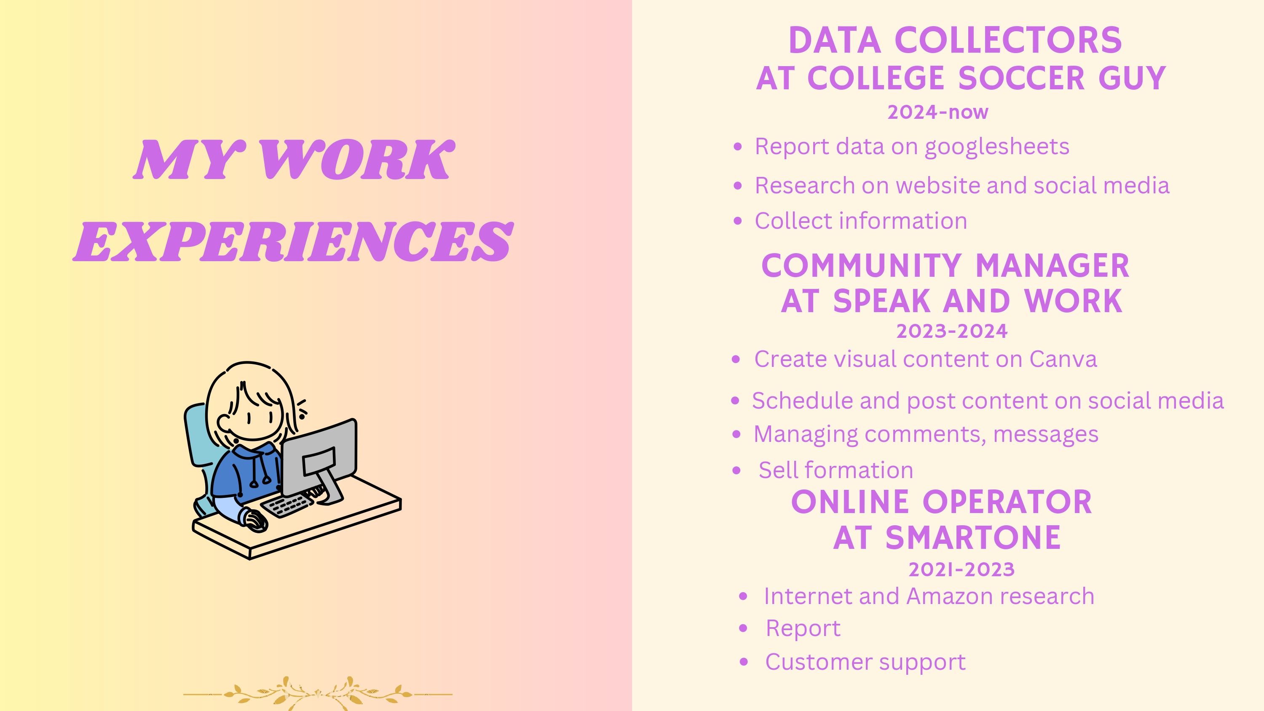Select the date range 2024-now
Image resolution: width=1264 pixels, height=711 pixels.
(938, 112)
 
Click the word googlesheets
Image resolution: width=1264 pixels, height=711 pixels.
(996, 147)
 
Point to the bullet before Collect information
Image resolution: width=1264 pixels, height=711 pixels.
(737, 221)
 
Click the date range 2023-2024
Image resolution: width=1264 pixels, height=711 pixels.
(952, 331)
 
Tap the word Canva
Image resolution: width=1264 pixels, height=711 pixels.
(1063, 359)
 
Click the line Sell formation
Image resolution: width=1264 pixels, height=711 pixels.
(836, 470)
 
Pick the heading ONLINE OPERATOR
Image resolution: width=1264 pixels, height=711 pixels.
(942, 502)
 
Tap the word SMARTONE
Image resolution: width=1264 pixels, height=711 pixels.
(973, 537)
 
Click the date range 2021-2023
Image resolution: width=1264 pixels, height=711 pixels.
(961, 569)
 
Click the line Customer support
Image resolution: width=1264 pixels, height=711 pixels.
(865, 663)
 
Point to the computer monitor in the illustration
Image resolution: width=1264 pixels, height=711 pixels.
(319, 456)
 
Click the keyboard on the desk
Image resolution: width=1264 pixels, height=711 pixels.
(287, 505)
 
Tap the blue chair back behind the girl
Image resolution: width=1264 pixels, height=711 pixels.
(199, 437)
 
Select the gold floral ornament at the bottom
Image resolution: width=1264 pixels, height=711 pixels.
(317, 693)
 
